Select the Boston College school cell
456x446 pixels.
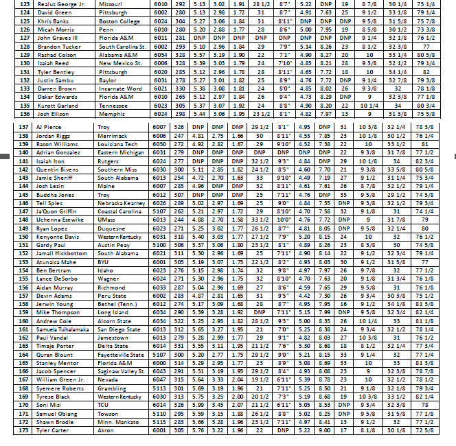pos(120,21)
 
